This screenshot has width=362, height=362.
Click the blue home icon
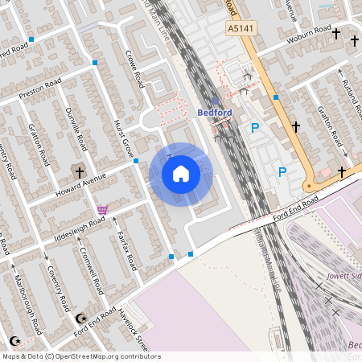(181, 174)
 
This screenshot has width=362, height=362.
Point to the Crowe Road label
(134, 69)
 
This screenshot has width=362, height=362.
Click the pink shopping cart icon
(102, 210)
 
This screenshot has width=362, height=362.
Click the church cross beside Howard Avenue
(79, 171)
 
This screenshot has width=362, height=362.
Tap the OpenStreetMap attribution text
(80, 356)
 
